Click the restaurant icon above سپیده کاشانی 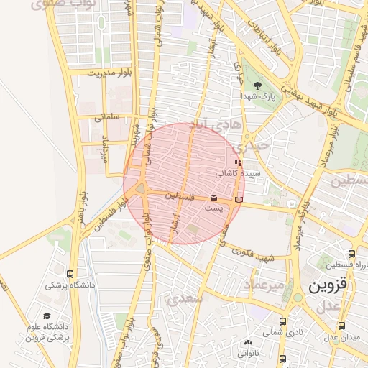[x=238, y=163]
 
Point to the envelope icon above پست [x=213, y=198]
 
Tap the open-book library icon [x=239, y=198]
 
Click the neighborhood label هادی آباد [x=207, y=126]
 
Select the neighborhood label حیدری [x=254, y=144]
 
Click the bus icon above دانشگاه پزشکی [x=70, y=274]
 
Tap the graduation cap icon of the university [x=47, y=316]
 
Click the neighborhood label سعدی [x=185, y=297]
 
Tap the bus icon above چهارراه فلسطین [x=351, y=254]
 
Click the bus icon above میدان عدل [x=334, y=325]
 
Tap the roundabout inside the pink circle [x=140, y=190]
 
